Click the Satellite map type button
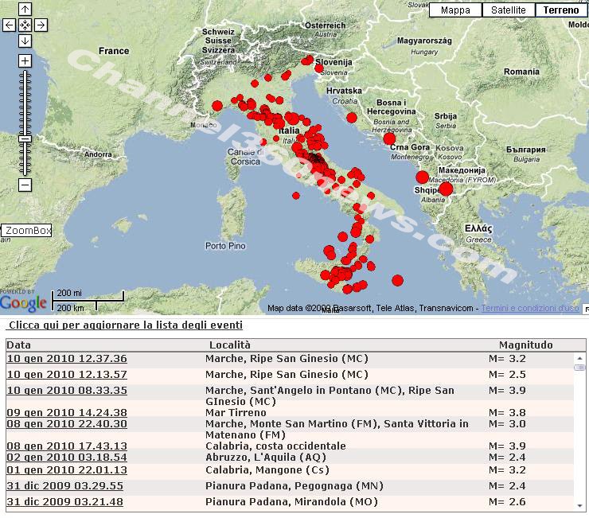coord(509,10)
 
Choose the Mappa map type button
coord(455,10)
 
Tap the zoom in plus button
coord(25,61)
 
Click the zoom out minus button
coord(25,185)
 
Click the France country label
coord(113,51)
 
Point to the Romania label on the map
coord(521,72)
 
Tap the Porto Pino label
coord(225,246)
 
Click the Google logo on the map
coord(24,303)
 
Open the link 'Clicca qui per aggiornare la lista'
coord(125,325)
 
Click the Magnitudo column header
coord(525,345)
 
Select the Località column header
coord(229,345)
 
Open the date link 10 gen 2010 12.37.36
coord(67,359)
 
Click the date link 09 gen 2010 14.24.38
coord(67,413)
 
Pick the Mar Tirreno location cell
coord(236,413)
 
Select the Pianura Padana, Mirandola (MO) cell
coord(291,502)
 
